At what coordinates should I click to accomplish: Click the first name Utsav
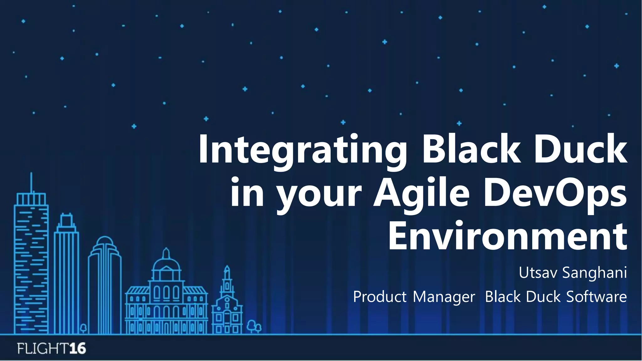coord(538,272)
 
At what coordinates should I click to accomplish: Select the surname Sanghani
coord(594,273)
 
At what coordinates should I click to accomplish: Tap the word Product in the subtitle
coord(380,296)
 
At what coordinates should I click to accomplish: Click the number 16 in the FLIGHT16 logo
coord(77,348)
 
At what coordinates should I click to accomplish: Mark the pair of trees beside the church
coord(254,327)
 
